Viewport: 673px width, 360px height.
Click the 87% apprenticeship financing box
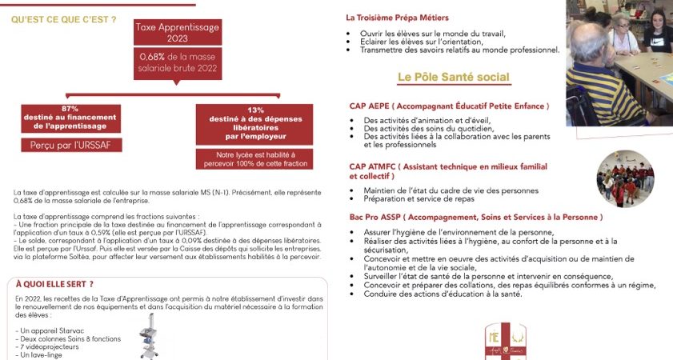coord(70,118)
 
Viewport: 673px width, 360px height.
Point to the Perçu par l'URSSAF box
coord(70,145)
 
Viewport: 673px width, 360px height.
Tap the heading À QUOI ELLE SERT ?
coord(54,283)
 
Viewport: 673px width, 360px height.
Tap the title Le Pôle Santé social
coord(453,77)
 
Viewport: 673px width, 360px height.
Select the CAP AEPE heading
coord(449,106)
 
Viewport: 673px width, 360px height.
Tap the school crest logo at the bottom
coord(506,342)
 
